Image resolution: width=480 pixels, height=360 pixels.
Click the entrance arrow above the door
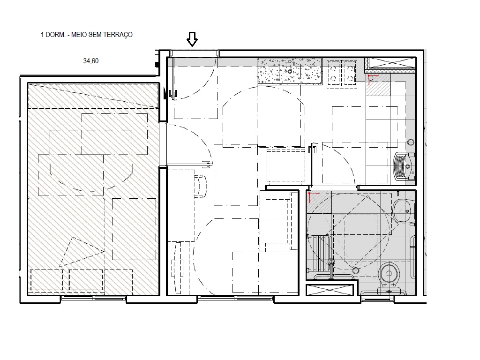pyautogui.click(x=192, y=39)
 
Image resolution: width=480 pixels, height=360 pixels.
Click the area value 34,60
pyautogui.click(x=90, y=61)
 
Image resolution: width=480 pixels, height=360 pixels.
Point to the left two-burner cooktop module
pyautogui.click(x=334, y=72)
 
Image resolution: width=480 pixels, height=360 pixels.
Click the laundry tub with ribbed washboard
pyautogui.click(x=404, y=166)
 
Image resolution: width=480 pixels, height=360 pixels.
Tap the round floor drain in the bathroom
pyautogui.click(x=355, y=270)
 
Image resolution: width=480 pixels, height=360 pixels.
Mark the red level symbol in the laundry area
pyautogui.click(x=372, y=78)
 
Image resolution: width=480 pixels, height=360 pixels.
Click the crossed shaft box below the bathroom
pyautogui.click(x=329, y=290)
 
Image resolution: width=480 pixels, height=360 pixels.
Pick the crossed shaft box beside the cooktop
pyautogui.click(x=390, y=63)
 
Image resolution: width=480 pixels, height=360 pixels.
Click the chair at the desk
pyautogui.click(x=200, y=186)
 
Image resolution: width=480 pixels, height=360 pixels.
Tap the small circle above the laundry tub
pyautogui.click(x=411, y=142)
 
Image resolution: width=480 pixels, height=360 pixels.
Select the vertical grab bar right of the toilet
pyautogui.click(x=412, y=258)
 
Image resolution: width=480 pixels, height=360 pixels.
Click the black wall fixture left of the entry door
pyautogui.click(x=165, y=92)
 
